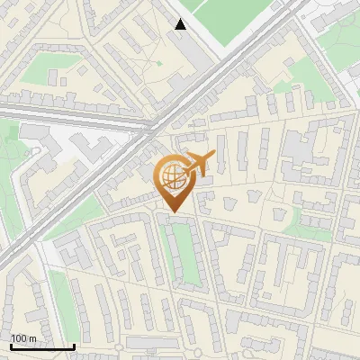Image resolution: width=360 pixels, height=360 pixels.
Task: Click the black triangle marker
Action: [181, 24]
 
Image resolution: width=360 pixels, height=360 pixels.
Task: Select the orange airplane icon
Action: [200, 164]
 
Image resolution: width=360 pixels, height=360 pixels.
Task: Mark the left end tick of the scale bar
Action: [11, 346]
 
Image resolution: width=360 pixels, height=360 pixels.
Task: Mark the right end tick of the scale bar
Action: [74, 346]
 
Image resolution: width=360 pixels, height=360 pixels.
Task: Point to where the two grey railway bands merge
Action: [148, 126]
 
